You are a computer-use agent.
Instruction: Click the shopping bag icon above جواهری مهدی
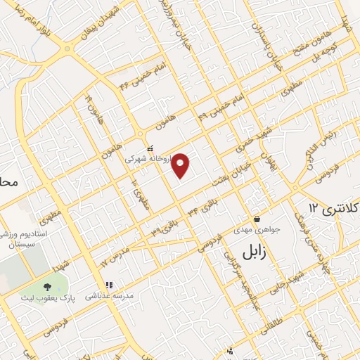click(257, 219)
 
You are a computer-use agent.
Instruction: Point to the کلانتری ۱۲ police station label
click(335, 209)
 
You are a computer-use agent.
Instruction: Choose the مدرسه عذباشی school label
click(109, 296)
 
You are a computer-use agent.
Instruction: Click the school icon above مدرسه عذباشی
click(109, 285)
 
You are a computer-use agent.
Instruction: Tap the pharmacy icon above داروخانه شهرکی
click(150, 148)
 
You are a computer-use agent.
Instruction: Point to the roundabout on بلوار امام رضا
click(67, 48)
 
